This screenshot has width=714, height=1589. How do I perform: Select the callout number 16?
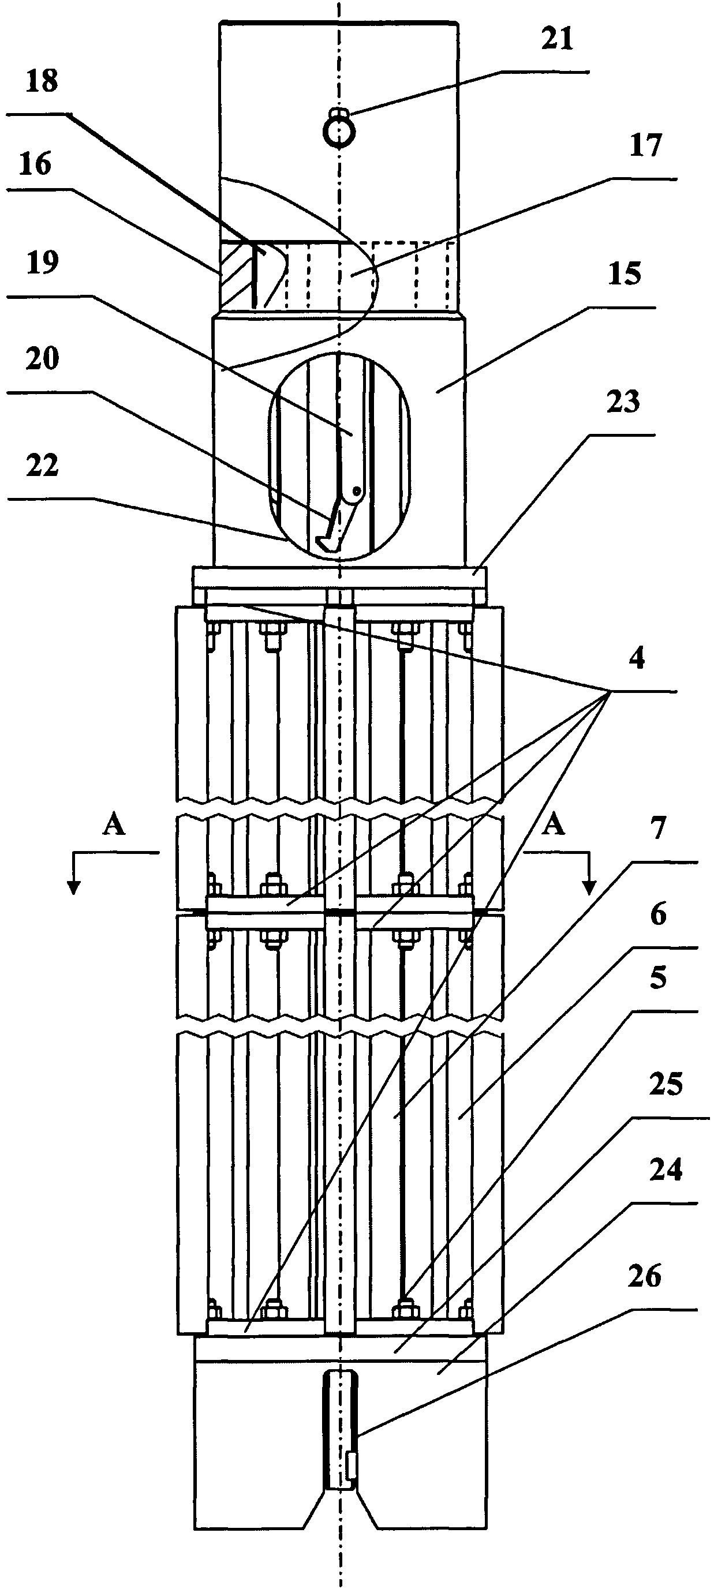point(35,164)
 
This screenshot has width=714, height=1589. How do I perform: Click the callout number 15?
point(625,273)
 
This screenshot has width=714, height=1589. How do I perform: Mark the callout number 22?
point(42,465)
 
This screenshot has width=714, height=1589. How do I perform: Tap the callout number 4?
point(636,659)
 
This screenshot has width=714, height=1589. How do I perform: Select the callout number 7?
point(659,829)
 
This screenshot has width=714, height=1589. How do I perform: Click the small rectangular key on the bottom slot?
point(352,1466)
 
